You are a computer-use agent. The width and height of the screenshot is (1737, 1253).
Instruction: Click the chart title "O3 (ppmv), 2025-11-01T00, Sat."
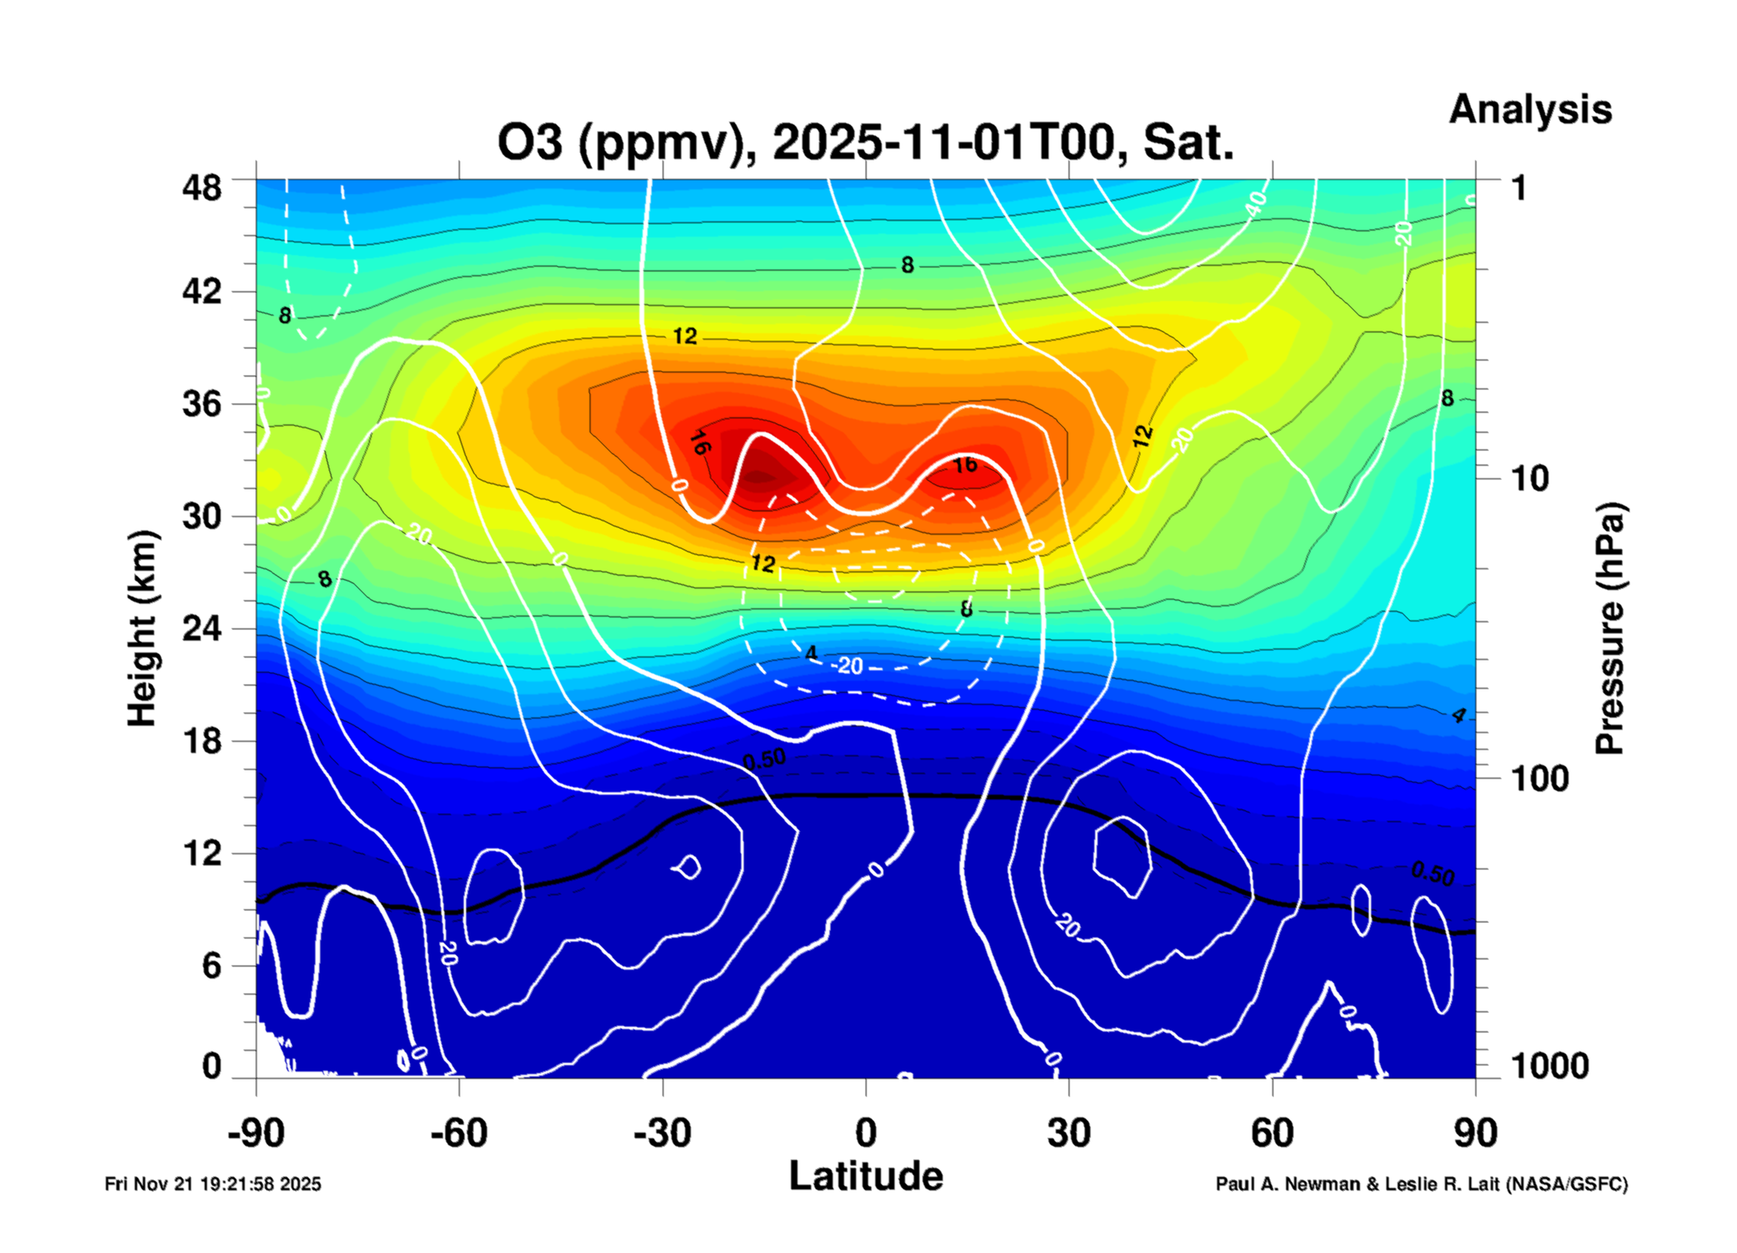[865, 143]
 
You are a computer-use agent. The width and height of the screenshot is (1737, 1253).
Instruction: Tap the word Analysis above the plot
[1529, 109]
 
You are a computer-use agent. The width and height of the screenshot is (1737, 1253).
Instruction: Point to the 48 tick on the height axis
[201, 188]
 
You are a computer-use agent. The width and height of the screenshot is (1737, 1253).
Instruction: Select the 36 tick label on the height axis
[201, 403]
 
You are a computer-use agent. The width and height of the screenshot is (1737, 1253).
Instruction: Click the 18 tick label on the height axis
[201, 741]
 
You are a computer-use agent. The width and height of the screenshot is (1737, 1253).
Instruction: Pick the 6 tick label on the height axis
[211, 966]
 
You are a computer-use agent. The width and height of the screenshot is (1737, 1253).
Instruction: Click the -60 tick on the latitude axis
[459, 1133]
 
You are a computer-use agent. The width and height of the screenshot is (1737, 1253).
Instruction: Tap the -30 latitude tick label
[662, 1133]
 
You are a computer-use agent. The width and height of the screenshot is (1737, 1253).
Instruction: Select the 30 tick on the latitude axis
[1069, 1133]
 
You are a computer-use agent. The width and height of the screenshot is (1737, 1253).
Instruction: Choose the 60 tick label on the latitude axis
[1272, 1133]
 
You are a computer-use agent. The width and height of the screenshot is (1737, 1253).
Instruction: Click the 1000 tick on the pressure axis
[1549, 1066]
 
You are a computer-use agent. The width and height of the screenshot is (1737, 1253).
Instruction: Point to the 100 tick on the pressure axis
[1540, 779]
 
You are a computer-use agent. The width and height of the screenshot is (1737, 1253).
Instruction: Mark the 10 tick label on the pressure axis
[1529, 479]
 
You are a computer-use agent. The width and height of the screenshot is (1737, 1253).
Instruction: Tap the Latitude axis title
[866, 1177]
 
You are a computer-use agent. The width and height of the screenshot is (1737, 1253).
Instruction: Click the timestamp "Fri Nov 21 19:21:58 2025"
[213, 1184]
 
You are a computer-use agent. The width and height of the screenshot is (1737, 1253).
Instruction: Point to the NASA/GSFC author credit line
[1421, 1184]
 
